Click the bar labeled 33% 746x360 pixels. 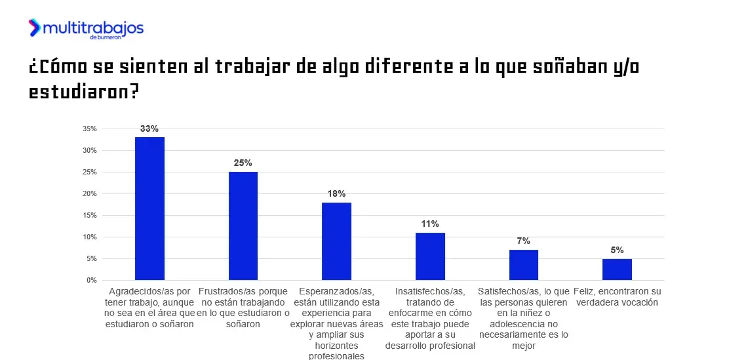149,209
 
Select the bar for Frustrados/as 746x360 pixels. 243,226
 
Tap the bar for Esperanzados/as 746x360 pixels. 336,241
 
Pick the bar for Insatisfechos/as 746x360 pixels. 430,256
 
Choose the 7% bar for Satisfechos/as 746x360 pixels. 523,265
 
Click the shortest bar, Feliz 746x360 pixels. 617,270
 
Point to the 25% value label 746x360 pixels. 243,163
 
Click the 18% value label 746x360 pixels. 337,193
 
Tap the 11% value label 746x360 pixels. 430,224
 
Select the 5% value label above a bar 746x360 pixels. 617,250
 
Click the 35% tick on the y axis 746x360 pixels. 90,129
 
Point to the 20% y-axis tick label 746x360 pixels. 90,193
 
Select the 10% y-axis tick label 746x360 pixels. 90,237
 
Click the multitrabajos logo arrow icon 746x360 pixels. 35,28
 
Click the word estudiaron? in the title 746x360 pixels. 84,92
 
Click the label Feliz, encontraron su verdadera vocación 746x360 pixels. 617,296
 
